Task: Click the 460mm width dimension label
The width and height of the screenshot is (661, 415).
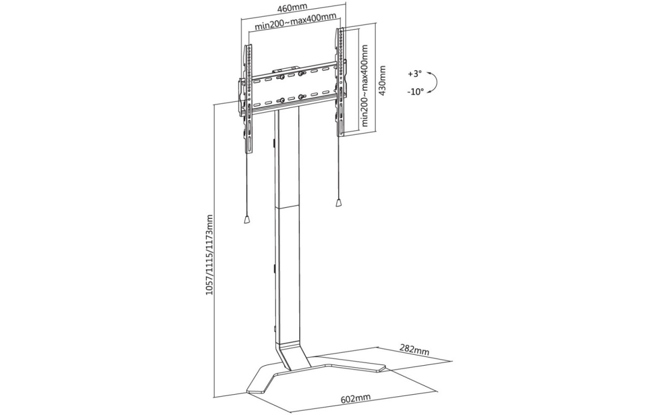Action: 292,8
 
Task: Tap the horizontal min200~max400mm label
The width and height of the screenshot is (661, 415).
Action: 296,21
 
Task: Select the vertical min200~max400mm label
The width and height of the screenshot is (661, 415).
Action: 365,86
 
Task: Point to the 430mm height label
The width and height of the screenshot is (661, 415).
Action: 382,80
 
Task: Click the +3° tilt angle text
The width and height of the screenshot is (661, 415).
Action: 415,74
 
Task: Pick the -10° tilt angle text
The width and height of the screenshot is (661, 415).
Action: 415,92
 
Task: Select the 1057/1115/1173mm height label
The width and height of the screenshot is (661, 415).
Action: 209,255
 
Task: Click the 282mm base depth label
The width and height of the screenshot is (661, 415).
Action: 414,350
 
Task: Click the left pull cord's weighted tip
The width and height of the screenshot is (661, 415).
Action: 247,219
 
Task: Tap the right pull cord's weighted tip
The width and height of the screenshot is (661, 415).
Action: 339,203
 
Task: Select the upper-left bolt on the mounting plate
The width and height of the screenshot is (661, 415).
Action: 280,77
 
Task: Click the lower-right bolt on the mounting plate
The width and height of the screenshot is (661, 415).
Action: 301,96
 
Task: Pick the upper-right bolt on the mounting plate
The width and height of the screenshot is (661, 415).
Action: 301,73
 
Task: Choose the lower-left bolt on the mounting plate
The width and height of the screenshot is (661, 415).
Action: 281,101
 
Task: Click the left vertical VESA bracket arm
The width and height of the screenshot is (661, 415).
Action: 248,99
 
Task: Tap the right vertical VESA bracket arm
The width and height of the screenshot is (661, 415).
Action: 340,82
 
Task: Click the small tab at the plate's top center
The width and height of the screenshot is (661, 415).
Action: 280,71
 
